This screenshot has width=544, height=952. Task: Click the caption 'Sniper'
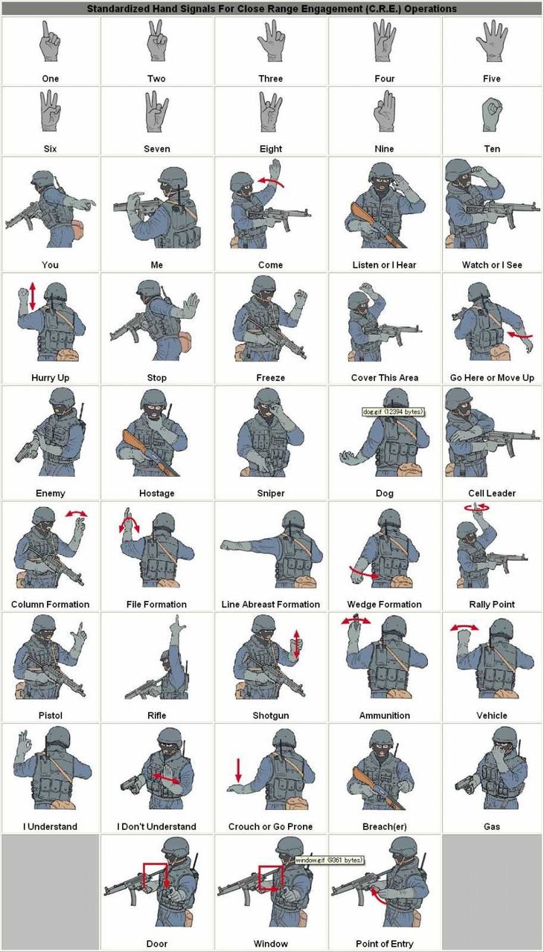click(270, 493)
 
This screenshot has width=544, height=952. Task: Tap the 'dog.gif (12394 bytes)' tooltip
click(393, 411)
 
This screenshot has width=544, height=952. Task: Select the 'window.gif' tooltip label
click(330, 860)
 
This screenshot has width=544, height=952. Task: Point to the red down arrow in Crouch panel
click(238, 771)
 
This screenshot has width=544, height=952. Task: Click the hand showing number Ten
click(492, 114)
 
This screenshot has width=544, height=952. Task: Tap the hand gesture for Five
click(492, 42)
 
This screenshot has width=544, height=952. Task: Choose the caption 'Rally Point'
click(492, 604)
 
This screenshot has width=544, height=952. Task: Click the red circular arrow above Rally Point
click(476, 507)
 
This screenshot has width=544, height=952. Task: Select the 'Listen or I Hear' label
click(384, 265)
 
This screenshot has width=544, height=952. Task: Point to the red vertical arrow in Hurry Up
click(33, 296)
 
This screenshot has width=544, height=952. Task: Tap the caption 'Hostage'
click(156, 493)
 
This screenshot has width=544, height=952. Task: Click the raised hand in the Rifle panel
click(176, 625)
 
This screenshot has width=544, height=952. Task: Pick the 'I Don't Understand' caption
click(156, 826)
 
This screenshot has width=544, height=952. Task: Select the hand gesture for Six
click(50, 111)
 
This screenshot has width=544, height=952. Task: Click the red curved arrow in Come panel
click(270, 182)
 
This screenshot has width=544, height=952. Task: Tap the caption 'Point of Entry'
click(384, 944)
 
